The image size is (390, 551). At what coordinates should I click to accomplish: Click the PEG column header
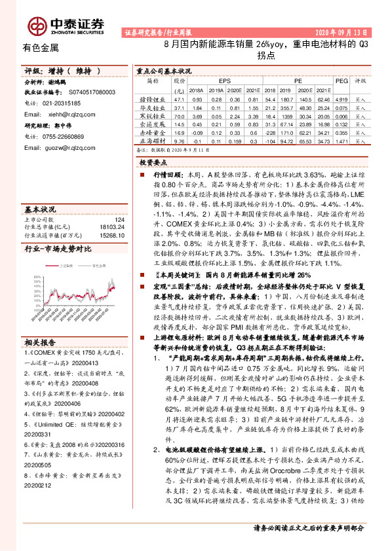(x=341, y=80)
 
